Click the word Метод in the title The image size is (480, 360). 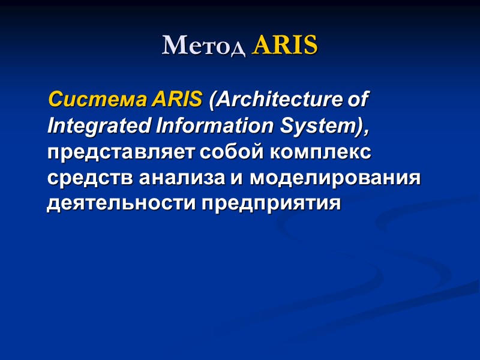click(x=204, y=46)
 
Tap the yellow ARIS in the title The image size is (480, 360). click(x=284, y=46)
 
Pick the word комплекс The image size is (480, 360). click(x=319, y=152)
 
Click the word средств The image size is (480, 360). click(x=90, y=178)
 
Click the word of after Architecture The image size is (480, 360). click(x=359, y=100)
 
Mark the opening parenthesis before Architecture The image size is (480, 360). click(x=211, y=100)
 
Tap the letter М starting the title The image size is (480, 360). click(x=172, y=46)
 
